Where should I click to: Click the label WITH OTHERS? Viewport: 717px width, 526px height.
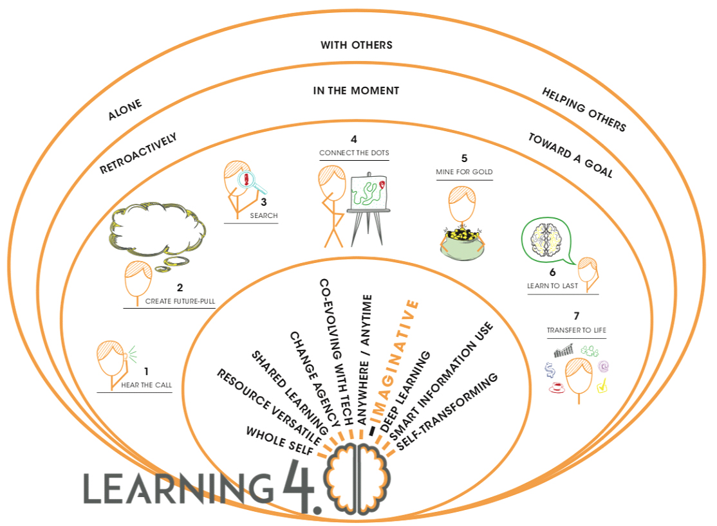(x=356, y=45)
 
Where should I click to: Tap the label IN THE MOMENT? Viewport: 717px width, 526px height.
(x=356, y=91)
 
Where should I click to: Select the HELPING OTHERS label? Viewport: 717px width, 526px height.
(x=583, y=110)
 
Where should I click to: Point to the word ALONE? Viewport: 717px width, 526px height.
(x=125, y=110)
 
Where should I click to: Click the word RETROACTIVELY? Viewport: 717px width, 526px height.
(x=138, y=154)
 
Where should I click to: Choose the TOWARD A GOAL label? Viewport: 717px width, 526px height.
(x=570, y=155)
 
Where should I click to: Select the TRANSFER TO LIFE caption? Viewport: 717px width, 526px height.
(x=576, y=331)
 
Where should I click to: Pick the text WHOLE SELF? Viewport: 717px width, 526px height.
(x=279, y=441)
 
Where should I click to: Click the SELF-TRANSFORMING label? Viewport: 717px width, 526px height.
(x=449, y=412)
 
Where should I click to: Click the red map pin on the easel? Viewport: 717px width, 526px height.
(x=382, y=185)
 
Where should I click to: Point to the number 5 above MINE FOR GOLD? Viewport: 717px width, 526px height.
(x=464, y=158)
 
